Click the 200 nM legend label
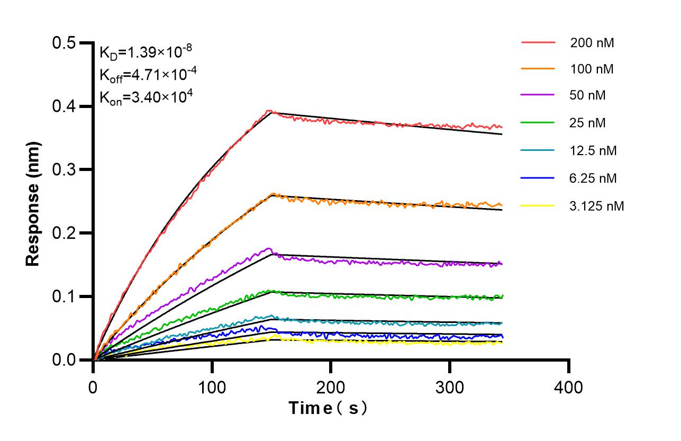(592, 43)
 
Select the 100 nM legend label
(592, 69)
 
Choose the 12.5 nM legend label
(593, 151)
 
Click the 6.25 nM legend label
(593, 178)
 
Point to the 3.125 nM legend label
(597, 206)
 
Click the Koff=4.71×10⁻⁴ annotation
(148, 75)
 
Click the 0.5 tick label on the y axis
(65, 43)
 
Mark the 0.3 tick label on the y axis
(65, 170)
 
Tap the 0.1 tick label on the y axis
(65, 296)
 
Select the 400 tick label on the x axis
(568, 387)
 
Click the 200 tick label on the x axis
(331, 387)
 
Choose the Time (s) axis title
(328, 408)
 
